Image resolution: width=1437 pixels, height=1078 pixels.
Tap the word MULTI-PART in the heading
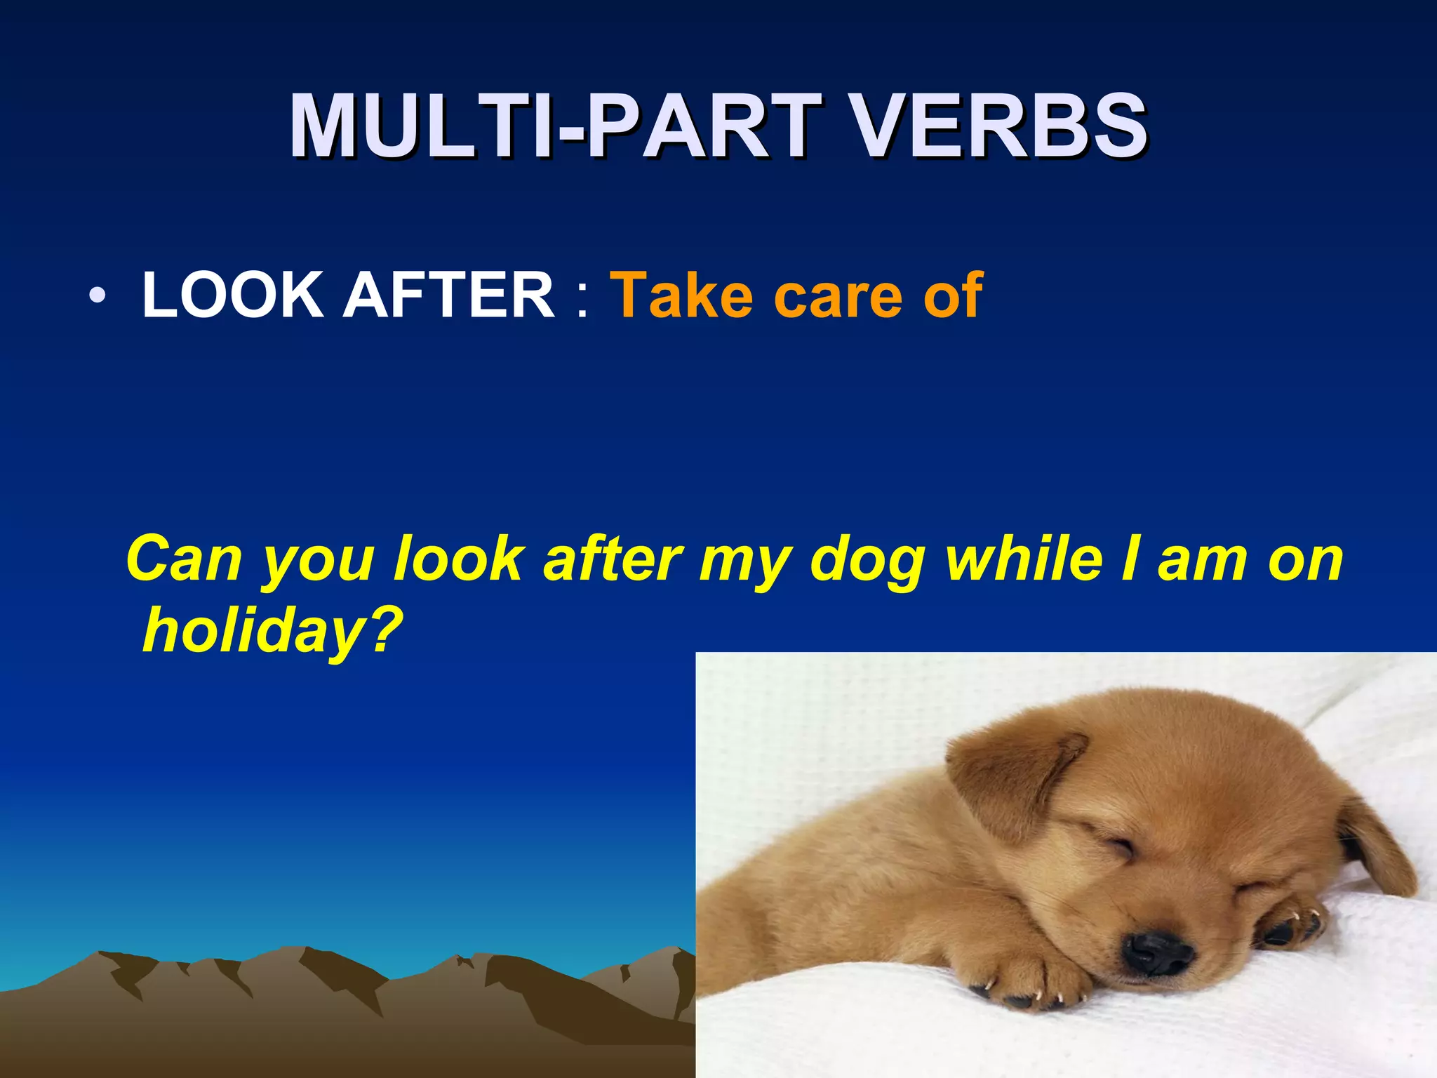[554, 128]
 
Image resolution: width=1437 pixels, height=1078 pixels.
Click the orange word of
[953, 295]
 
